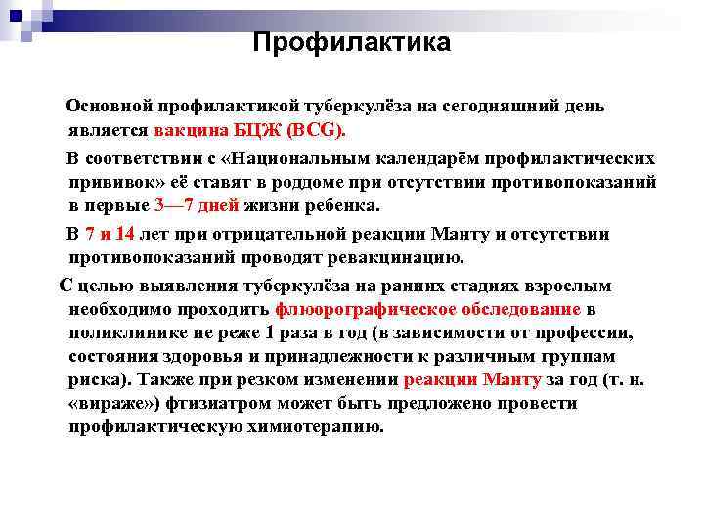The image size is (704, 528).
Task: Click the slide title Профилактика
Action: point(351,43)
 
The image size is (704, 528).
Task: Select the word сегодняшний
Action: point(507,106)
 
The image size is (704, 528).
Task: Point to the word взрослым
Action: point(569,286)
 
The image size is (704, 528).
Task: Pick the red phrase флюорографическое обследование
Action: point(428,309)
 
